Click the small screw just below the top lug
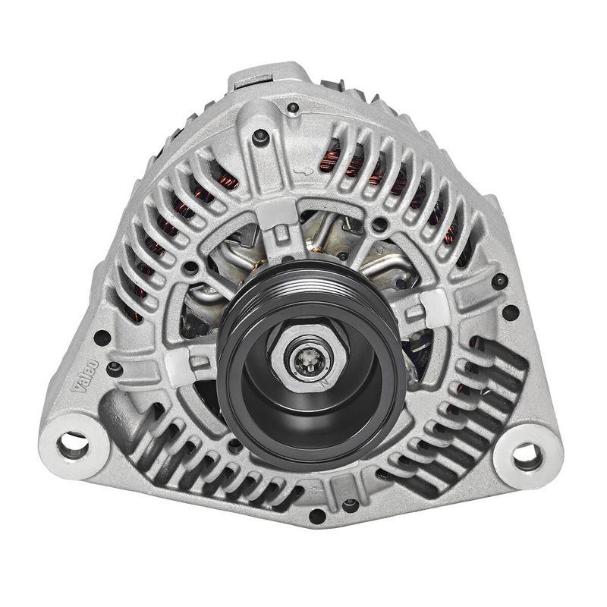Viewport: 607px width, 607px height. (x=260, y=136)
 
